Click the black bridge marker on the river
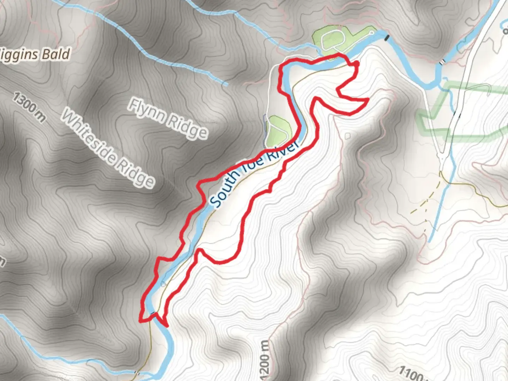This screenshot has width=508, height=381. [x=387, y=37]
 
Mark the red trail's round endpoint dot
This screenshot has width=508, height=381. [x=356, y=64]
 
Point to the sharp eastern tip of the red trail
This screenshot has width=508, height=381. [x=368, y=100]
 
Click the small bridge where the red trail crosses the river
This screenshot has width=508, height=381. [x=152, y=313]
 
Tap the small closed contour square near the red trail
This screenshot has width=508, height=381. [x=348, y=135]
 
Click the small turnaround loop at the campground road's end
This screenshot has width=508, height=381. [x=371, y=33]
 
